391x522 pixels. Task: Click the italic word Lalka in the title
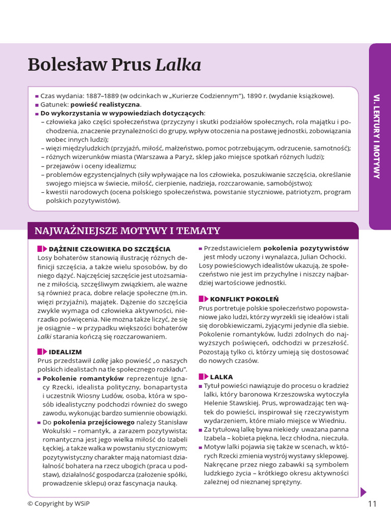(x=178, y=65)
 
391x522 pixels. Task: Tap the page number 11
(x=372, y=504)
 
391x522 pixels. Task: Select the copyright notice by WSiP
(x=61, y=504)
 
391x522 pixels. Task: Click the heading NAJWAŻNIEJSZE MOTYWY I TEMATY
(x=127, y=231)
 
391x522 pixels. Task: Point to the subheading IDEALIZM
(x=65, y=352)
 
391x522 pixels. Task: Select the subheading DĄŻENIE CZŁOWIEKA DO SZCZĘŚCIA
(x=109, y=249)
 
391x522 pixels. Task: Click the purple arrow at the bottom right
(x=363, y=492)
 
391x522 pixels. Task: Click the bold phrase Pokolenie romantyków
(x=83, y=378)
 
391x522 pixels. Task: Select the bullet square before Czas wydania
(x=37, y=96)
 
